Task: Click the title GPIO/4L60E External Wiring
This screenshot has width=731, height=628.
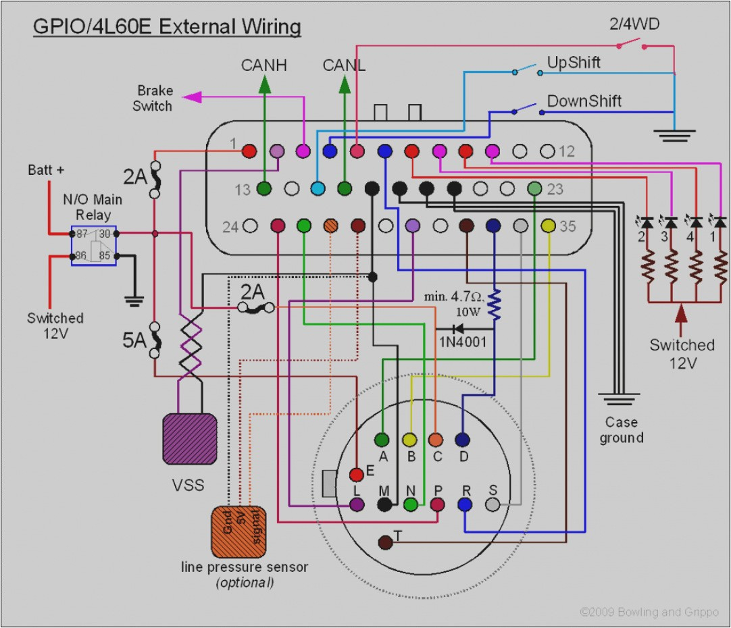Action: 166,27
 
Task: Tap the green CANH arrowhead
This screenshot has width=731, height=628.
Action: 264,85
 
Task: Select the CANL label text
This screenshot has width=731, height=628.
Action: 344,66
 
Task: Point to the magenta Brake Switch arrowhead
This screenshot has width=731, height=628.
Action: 193,97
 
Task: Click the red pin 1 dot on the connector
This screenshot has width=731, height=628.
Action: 249,151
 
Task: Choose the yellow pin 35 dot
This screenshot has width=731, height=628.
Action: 548,225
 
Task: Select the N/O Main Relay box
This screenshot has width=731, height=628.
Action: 94,245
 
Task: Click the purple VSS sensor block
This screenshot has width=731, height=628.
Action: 189,438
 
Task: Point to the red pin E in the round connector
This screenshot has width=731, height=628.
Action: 357,475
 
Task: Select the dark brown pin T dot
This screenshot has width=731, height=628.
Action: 384,542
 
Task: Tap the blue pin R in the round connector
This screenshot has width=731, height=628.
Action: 465,504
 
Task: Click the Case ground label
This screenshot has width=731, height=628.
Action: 621,430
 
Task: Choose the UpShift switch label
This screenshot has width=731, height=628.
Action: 573,63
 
